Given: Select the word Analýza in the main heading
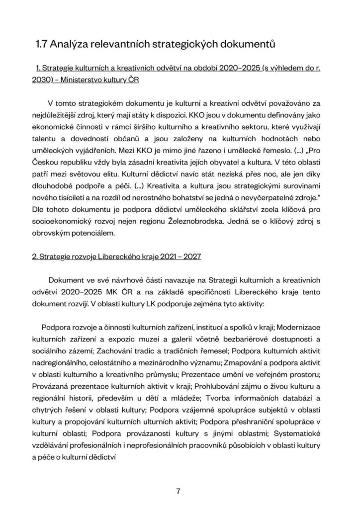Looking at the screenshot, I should pos(71,45).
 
